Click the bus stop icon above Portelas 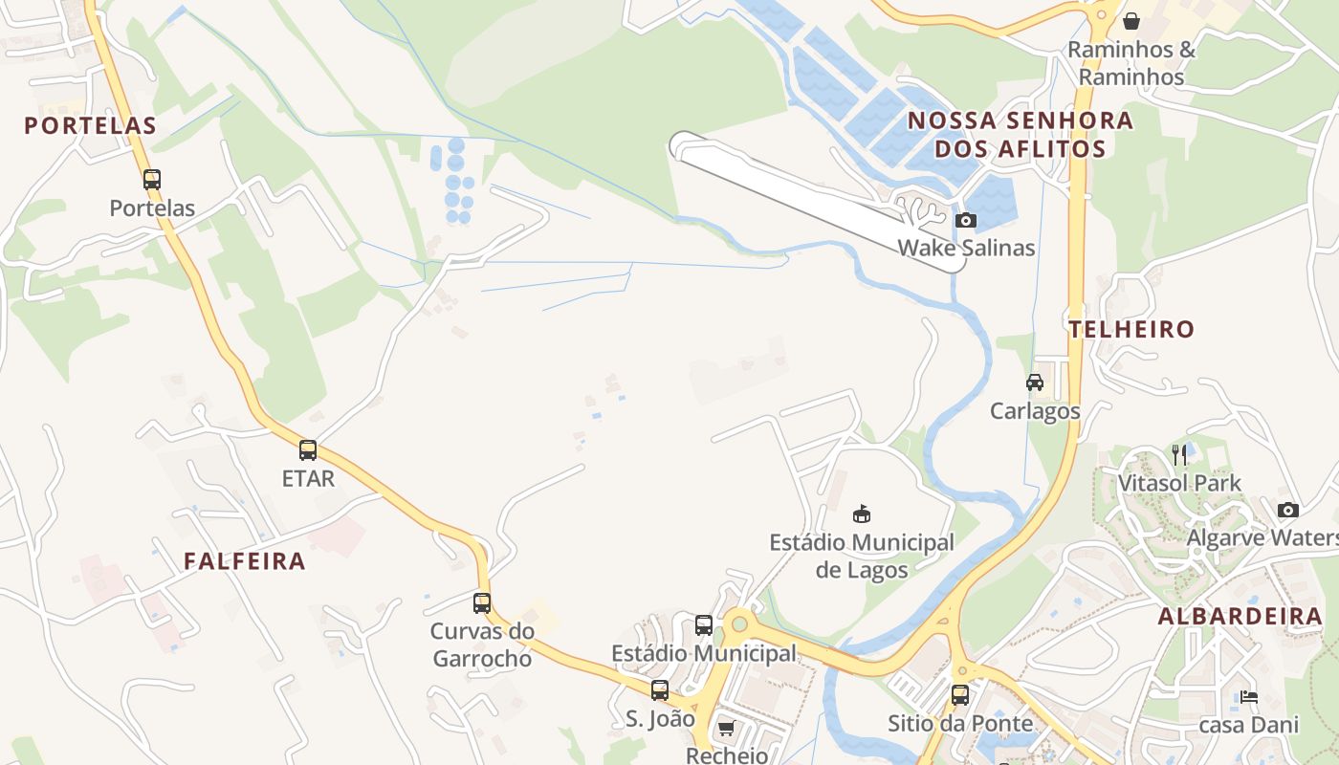pyautogui.click(x=152, y=179)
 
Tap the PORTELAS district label pyautogui.click(x=90, y=125)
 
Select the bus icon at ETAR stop pyautogui.click(x=308, y=450)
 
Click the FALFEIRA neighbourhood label pyautogui.click(x=245, y=561)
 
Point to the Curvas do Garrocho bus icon pyautogui.click(x=482, y=603)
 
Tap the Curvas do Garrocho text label pyautogui.click(x=482, y=645)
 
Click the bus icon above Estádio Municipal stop pyautogui.click(x=704, y=625)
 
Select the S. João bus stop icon pyautogui.click(x=660, y=690)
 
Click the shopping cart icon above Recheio pyautogui.click(x=727, y=729)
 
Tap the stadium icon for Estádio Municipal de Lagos pyautogui.click(x=862, y=514)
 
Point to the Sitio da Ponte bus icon pyautogui.click(x=960, y=695)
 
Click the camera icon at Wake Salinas pyautogui.click(x=966, y=221)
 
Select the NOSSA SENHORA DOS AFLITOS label pyautogui.click(x=1021, y=135)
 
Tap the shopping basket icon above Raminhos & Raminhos pyautogui.click(x=1131, y=21)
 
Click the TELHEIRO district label pyautogui.click(x=1131, y=330)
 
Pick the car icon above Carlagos pyautogui.click(x=1035, y=382)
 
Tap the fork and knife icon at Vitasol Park pyautogui.click(x=1180, y=454)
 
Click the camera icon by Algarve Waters pyautogui.click(x=1288, y=510)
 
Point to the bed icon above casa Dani pyautogui.click(x=1248, y=697)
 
